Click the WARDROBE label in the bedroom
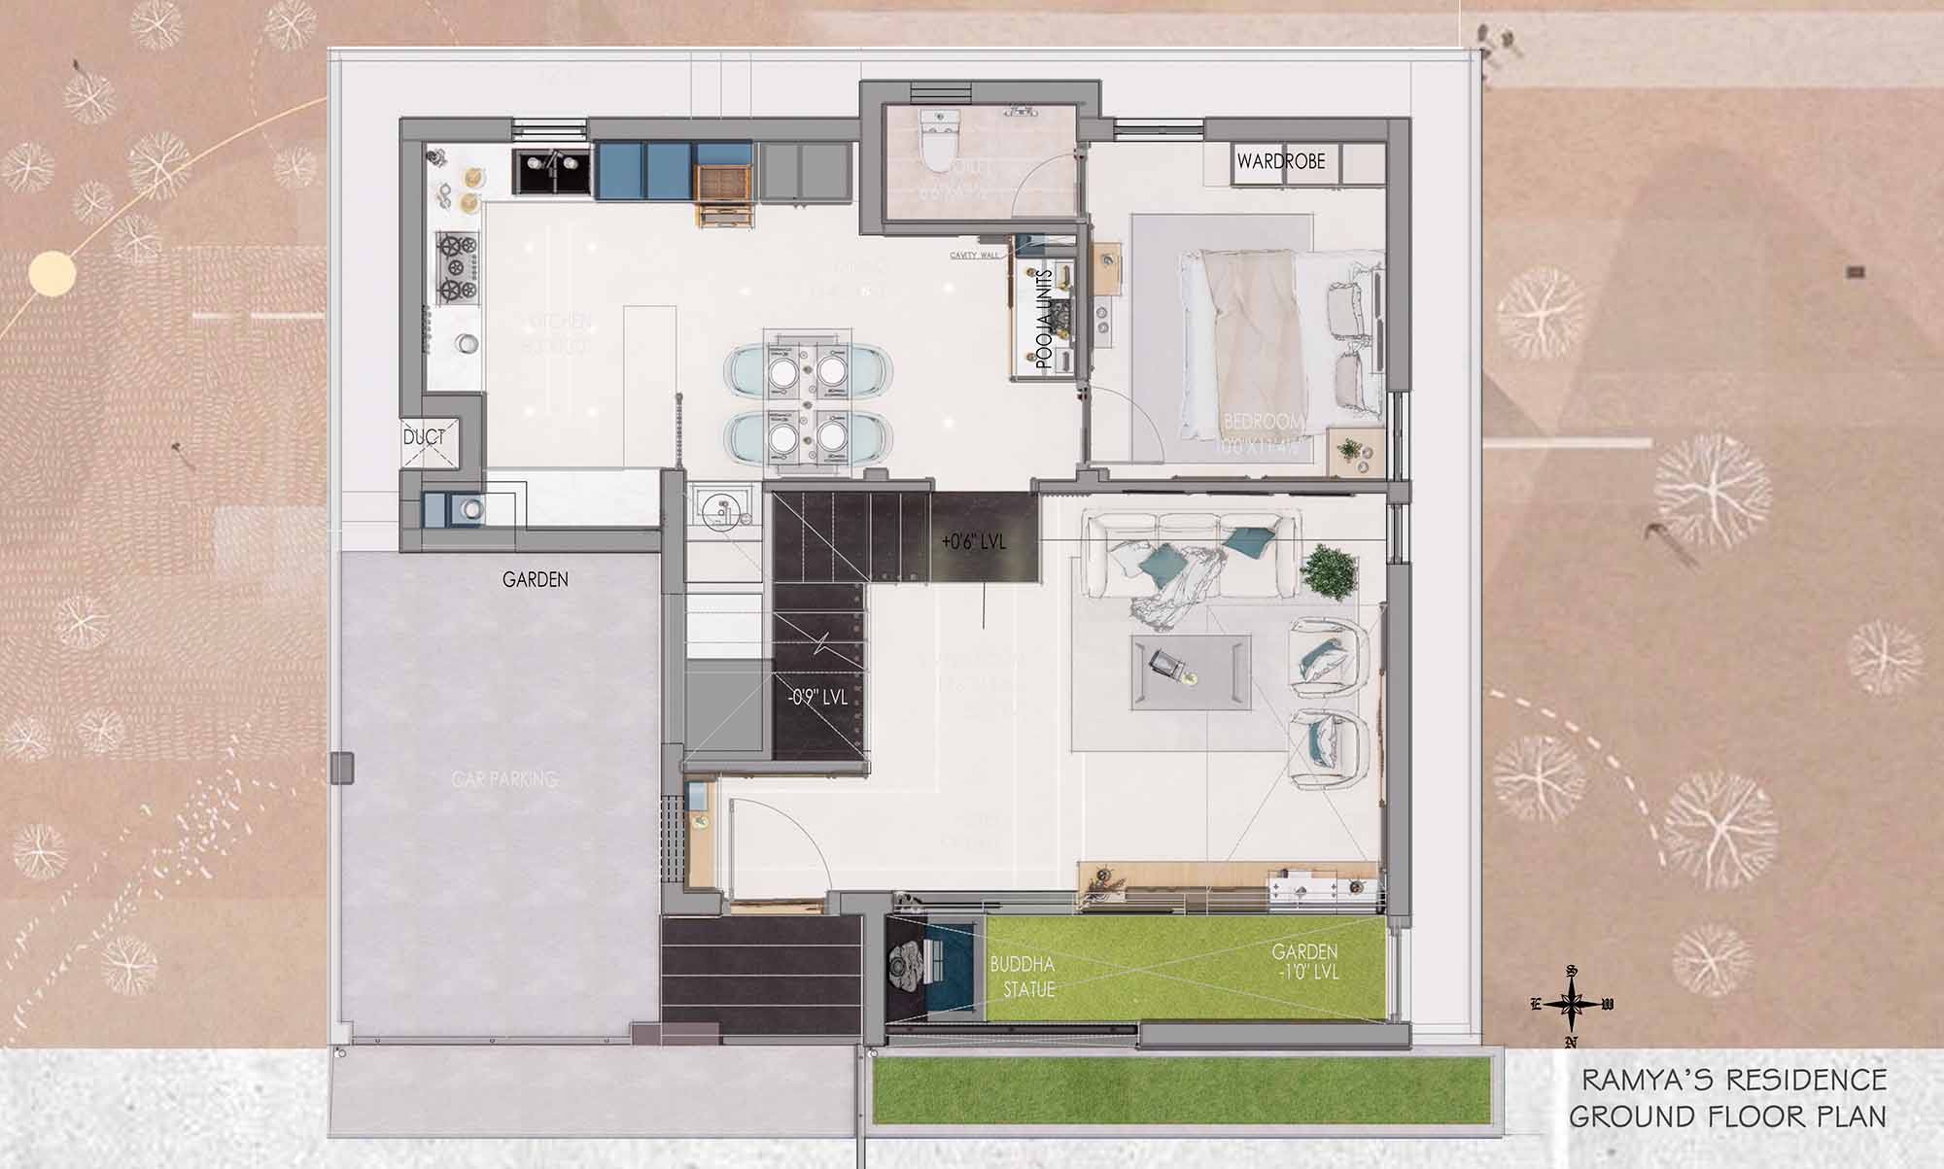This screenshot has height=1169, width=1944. coord(1280,161)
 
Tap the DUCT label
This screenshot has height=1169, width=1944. coord(424,437)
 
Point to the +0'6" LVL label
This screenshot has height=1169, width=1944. coord(974,541)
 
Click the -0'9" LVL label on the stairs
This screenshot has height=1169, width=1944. coord(816,697)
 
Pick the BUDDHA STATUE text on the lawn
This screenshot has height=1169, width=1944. coord(1022,977)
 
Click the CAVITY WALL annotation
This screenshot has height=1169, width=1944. coord(974,256)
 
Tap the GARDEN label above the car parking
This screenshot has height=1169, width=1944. coord(535,580)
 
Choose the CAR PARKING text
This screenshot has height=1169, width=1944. coord(504,779)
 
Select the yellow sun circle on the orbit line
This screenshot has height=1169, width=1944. coord(52,273)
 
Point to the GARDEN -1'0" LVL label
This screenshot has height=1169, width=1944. coord(1304,961)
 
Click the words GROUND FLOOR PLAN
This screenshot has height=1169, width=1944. coord(1727,1117)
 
